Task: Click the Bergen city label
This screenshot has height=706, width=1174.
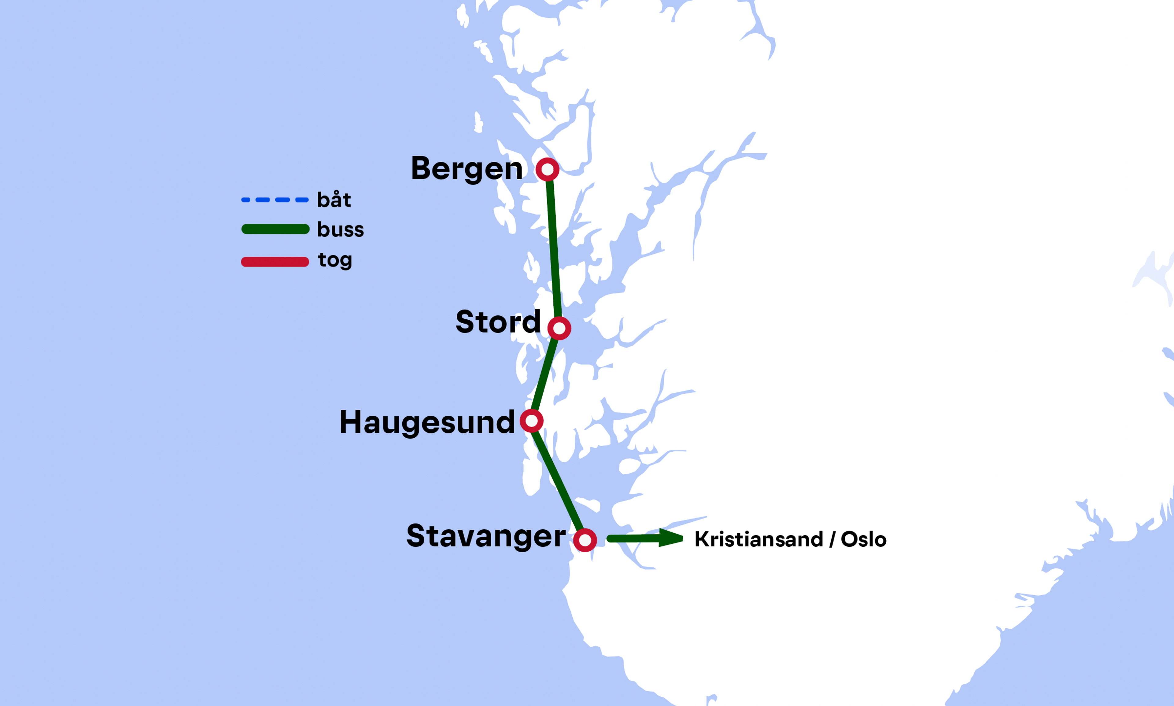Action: pos(466,169)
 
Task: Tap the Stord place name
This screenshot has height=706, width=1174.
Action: pos(498,322)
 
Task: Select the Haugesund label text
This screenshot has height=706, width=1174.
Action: pos(427,422)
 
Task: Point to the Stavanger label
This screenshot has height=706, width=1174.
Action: pos(486,536)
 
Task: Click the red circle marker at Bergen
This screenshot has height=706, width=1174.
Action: pos(547,169)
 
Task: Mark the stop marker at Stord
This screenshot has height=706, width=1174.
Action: pos(559,328)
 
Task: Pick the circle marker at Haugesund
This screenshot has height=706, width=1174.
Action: pos(532,421)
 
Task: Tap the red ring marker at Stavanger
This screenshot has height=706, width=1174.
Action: pos(585,540)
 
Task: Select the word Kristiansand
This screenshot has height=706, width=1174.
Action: pos(759,539)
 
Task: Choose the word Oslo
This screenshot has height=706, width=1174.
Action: pos(864,539)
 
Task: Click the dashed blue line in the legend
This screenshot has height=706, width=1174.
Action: pos(275,200)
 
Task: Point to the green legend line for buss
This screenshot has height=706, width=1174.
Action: pos(275,229)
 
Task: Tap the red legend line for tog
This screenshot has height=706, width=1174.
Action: pos(275,262)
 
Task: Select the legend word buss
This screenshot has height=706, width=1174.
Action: pos(340,229)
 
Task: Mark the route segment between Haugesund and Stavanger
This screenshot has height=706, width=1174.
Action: pos(558,480)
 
